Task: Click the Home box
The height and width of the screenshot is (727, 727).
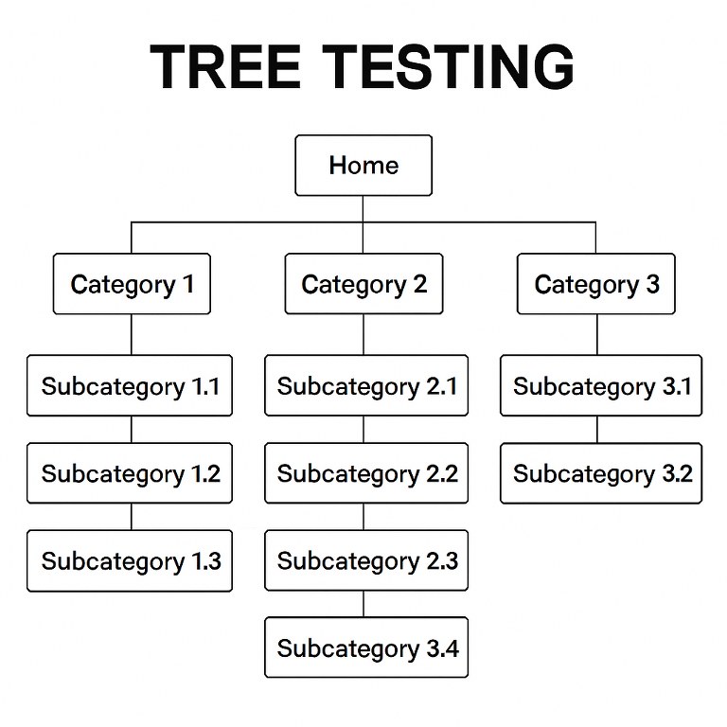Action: tap(363, 166)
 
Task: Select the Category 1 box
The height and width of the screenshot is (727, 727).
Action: tap(132, 284)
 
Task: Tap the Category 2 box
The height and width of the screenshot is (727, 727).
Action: tap(363, 284)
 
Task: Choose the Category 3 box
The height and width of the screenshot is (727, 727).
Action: tap(595, 284)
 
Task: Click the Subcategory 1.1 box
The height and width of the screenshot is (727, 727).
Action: tap(130, 386)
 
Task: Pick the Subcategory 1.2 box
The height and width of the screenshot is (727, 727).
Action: tap(130, 473)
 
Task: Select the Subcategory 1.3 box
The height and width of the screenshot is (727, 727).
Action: tap(130, 560)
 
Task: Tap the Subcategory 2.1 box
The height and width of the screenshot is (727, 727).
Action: tap(366, 386)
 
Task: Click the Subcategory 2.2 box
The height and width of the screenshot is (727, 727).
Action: tap(366, 473)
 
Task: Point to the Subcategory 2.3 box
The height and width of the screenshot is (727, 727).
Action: tap(366, 560)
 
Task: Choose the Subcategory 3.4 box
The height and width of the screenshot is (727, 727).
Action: tap(366, 648)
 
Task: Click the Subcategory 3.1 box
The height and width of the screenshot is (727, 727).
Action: tap(601, 386)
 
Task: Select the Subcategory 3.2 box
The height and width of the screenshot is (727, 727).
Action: tap(601, 473)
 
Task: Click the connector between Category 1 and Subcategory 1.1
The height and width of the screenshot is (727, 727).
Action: tap(132, 334)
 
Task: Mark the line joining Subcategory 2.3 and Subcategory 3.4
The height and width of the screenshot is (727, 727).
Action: tap(364, 604)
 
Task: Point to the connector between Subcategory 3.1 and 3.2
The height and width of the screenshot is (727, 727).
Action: tap(597, 430)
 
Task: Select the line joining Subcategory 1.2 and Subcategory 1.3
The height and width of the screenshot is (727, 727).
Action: tap(132, 517)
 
